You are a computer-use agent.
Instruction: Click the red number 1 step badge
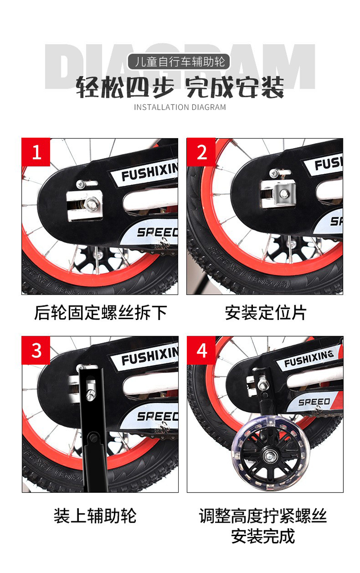(x=36, y=153)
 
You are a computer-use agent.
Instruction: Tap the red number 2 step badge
(x=202, y=153)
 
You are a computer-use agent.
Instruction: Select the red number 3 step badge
(x=36, y=350)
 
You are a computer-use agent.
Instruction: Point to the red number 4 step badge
(x=202, y=350)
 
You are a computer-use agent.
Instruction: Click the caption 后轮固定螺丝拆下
(x=100, y=312)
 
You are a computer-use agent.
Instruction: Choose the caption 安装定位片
(x=265, y=312)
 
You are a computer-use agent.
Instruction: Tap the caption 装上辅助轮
(x=95, y=516)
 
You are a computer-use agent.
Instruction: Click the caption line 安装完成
(x=263, y=537)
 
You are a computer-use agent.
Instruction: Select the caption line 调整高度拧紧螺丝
(x=263, y=516)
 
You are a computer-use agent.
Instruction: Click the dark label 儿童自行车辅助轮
(x=180, y=61)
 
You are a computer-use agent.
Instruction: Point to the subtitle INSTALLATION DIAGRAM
(x=180, y=107)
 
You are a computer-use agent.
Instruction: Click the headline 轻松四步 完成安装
(x=180, y=86)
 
